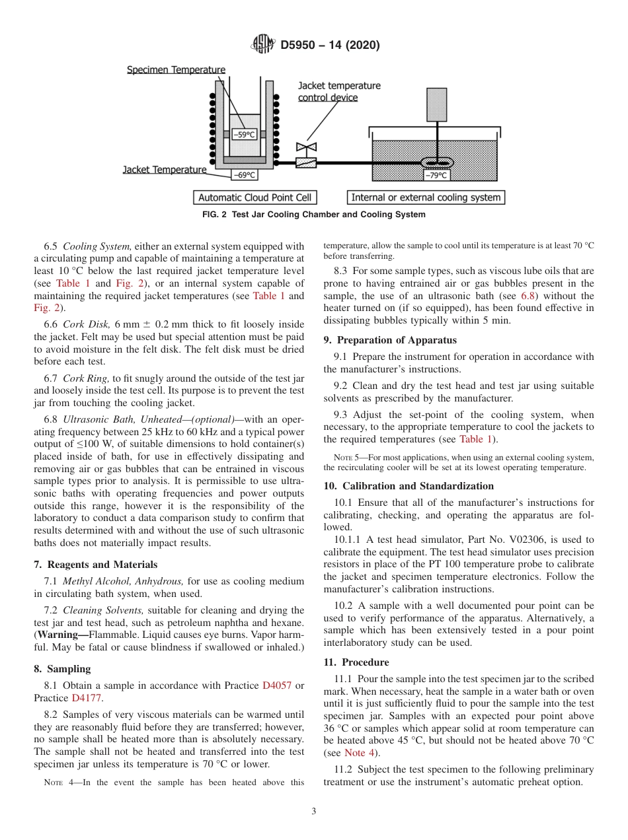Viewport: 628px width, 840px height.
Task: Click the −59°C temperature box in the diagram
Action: pyautogui.click(x=245, y=134)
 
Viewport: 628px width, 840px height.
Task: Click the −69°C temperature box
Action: pyautogui.click(x=245, y=176)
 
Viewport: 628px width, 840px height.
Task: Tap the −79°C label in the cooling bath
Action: pyautogui.click(x=437, y=176)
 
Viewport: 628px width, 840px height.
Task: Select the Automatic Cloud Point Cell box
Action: pyautogui.click(x=255, y=197)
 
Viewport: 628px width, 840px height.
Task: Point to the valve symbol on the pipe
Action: pyautogui.click(x=307, y=148)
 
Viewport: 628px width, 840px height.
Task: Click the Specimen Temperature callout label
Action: pyautogui.click(x=176, y=69)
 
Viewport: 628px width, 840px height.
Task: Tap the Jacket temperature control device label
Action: pyautogui.click(x=339, y=92)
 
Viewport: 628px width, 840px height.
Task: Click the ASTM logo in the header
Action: pyautogui.click(x=262, y=45)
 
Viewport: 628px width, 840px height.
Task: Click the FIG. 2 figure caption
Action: pyautogui.click(x=313, y=215)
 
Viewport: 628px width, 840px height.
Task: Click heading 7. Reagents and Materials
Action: pyautogui.click(x=96, y=565)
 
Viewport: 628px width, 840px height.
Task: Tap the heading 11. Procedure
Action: pyautogui.click(x=356, y=662)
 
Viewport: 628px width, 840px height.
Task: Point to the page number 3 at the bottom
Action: pyautogui.click(x=314, y=811)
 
